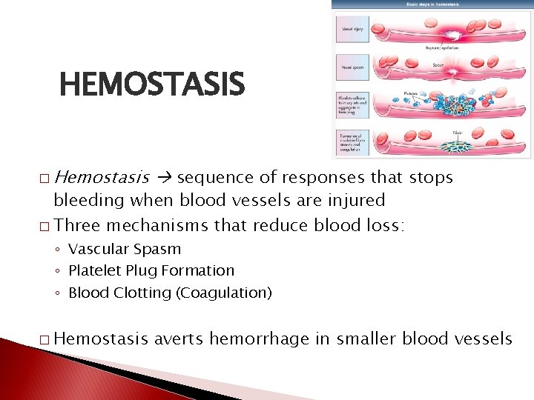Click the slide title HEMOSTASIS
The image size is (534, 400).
click(x=151, y=85)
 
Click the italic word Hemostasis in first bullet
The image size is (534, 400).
click(x=102, y=178)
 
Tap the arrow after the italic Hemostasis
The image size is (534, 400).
click(x=165, y=179)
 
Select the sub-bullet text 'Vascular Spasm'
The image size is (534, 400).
click(x=124, y=249)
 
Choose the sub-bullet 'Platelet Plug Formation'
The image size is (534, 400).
click(x=151, y=270)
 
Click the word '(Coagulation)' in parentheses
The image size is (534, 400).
click(x=223, y=293)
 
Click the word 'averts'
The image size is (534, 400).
click(x=179, y=339)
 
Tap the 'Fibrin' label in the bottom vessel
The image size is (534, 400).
click(x=458, y=133)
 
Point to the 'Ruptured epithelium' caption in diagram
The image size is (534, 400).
click(x=442, y=47)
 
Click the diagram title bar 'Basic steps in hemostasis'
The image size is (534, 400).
click(x=432, y=4)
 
